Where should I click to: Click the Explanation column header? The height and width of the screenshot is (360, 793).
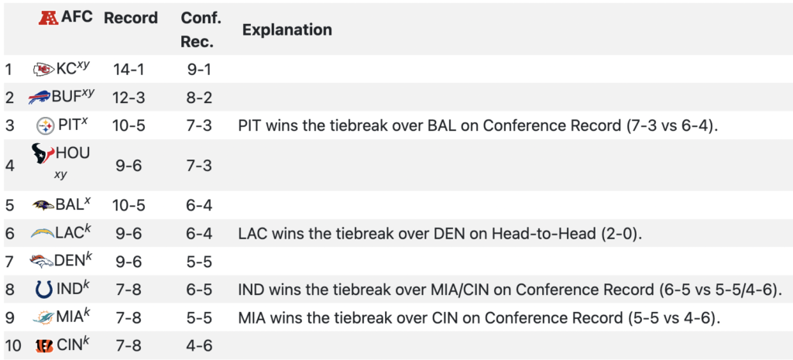click(287, 30)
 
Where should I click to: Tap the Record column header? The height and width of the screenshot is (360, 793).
click(131, 19)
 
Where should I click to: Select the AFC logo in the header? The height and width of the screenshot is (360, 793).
click(50, 18)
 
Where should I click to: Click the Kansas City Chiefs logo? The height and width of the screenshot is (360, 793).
click(44, 69)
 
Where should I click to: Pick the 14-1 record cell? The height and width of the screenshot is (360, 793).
click(129, 69)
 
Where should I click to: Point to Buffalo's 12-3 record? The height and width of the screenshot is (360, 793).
click(129, 97)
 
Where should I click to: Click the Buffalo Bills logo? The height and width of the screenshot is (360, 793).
click(39, 97)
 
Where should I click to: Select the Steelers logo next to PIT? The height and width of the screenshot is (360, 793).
click(46, 125)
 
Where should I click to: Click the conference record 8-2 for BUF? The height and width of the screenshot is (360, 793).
click(199, 97)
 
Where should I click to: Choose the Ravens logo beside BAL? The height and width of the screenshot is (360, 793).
click(43, 205)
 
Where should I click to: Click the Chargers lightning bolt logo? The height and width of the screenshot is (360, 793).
click(42, 233)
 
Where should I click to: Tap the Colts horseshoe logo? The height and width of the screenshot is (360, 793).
click(44, 290)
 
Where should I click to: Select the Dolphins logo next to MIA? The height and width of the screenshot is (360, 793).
click(43, 317)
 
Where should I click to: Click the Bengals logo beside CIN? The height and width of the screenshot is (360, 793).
click(44, 346)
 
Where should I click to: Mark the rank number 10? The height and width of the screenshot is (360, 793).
click(12, 346)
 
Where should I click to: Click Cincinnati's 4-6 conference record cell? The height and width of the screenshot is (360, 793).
click(199, 346)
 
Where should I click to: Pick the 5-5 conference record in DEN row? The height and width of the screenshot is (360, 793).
click(199, 262)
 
